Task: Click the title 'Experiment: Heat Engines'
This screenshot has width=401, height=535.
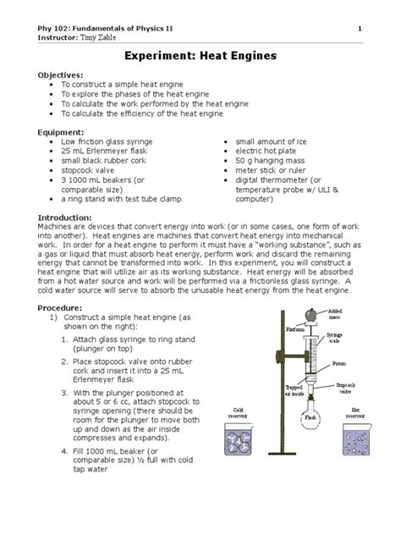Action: click(200, 55)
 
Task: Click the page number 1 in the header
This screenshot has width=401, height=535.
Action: click(360, 30)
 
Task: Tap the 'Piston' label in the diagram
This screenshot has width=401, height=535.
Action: click(339, 365)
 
